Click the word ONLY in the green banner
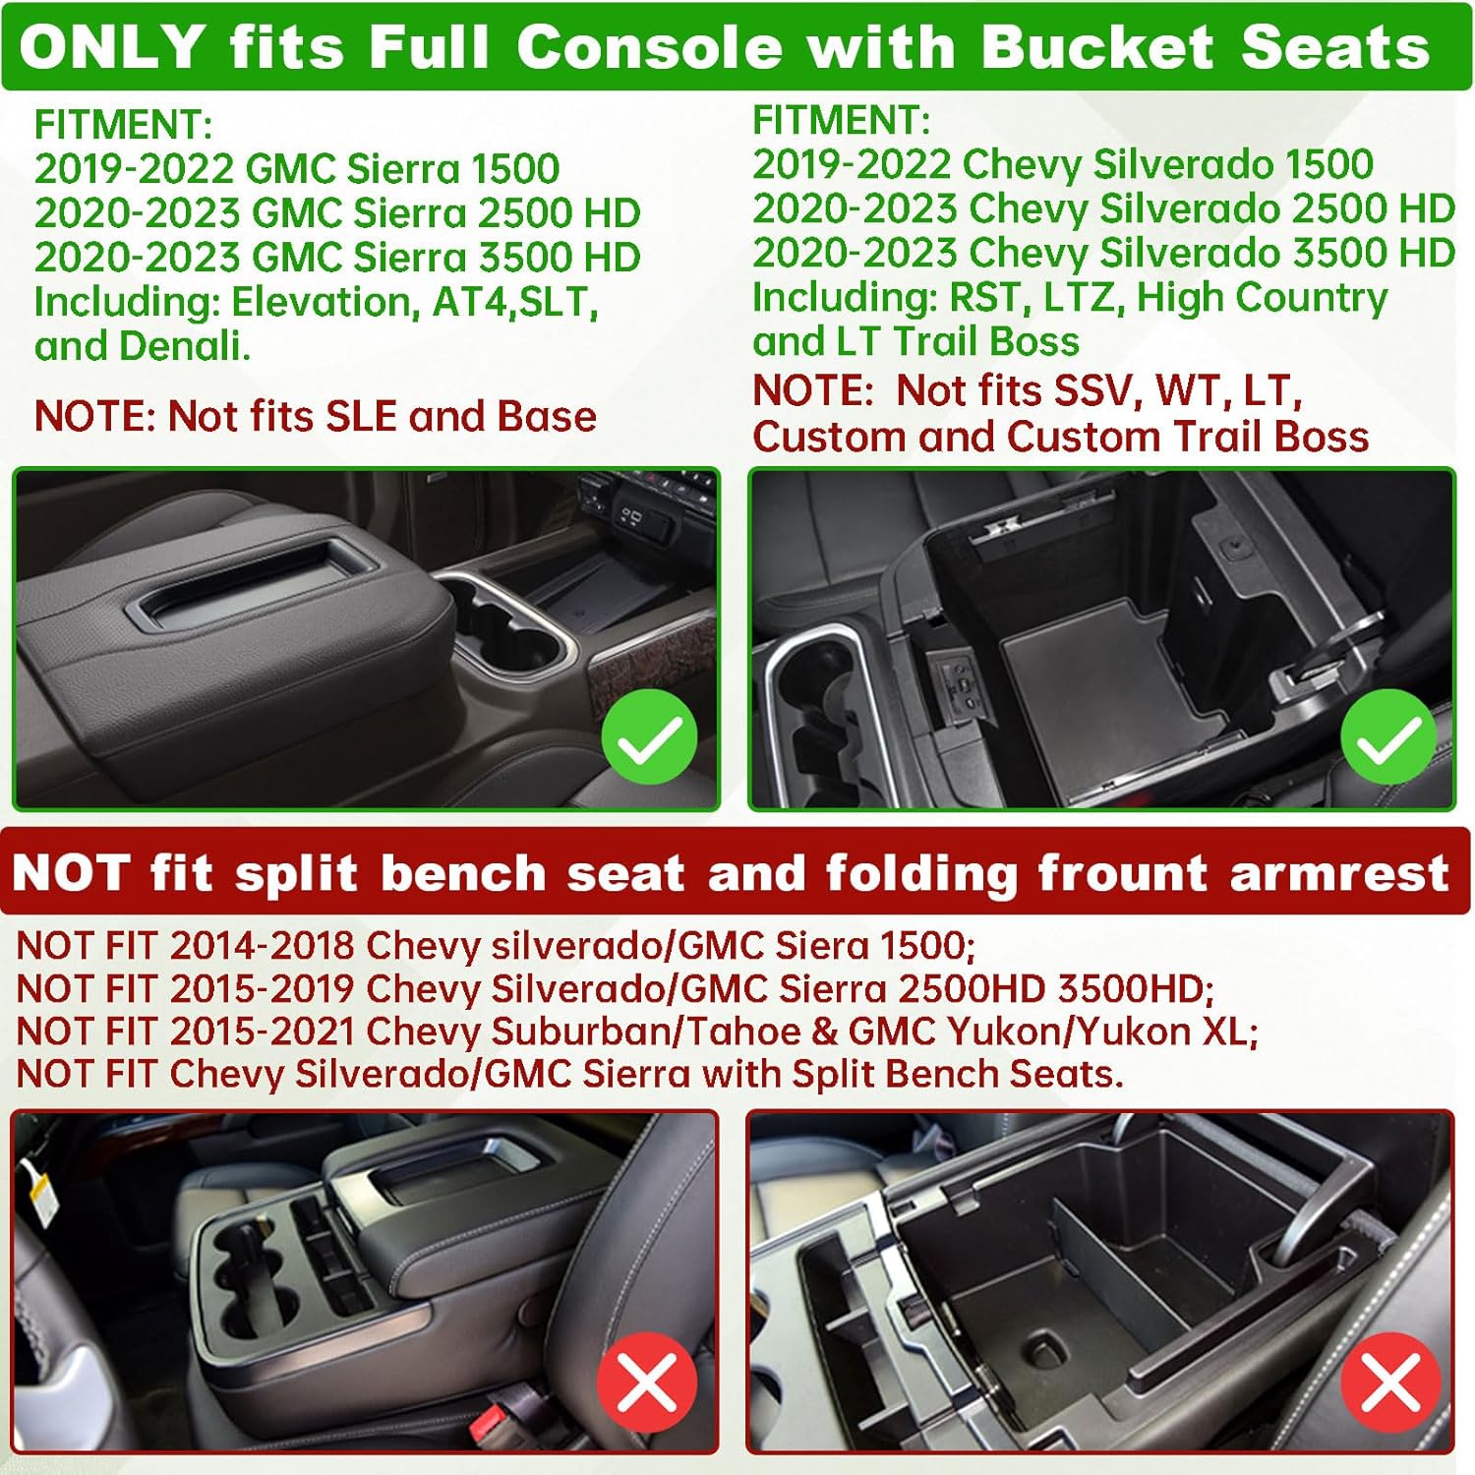click(x=112, y=47)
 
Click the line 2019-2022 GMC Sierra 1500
click(x=297, y=168)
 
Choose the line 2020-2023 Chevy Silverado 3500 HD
click(x=1103, y=253)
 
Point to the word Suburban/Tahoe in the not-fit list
click(x=646, y=1031)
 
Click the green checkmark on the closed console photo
click(x=649, y=737)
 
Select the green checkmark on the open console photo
click(x=1387, y=737)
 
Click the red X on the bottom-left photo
click(x=647, y=1382)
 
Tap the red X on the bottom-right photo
click(x=1390, y=1382)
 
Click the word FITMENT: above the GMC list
click(x=123, y=125)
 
